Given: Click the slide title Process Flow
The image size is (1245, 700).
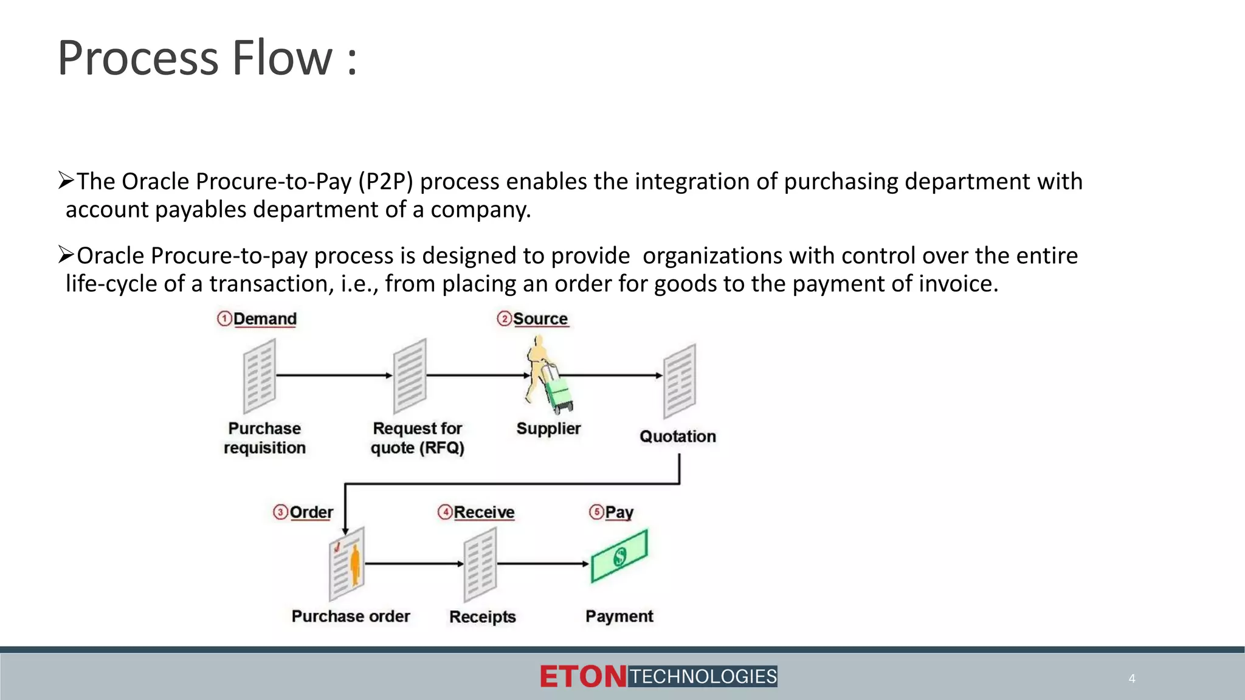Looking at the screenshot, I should [207, 58].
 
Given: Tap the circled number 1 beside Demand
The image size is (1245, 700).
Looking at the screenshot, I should [224, 319].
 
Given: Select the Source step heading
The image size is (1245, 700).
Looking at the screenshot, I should [540, 319].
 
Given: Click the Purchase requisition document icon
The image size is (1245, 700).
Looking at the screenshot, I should [260, 376].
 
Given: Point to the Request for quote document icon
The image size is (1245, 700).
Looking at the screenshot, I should [410, 376].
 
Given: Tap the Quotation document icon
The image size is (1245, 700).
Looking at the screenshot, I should [680, 381].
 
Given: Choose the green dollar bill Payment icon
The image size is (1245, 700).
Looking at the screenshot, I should [619, 555].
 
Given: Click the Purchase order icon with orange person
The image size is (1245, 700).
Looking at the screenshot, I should [347, 564].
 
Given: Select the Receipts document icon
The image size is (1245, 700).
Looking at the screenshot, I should [480, 564].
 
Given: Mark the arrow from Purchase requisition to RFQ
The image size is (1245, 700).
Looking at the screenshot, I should [334, 376].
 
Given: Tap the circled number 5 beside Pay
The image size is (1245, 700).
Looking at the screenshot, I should [596, 512].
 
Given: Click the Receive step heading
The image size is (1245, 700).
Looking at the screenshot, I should [484, 512].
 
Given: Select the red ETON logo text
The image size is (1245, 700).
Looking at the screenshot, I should [582, 677].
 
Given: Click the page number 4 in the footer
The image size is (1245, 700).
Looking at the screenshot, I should [1132, 679].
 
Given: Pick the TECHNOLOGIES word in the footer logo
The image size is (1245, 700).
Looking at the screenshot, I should [703, 676].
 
